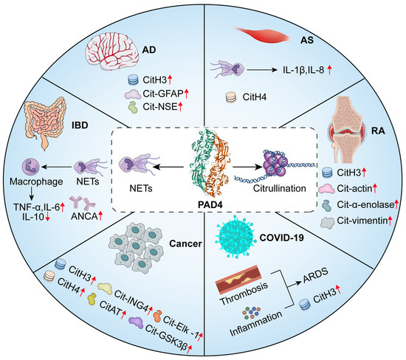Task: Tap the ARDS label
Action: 314,280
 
